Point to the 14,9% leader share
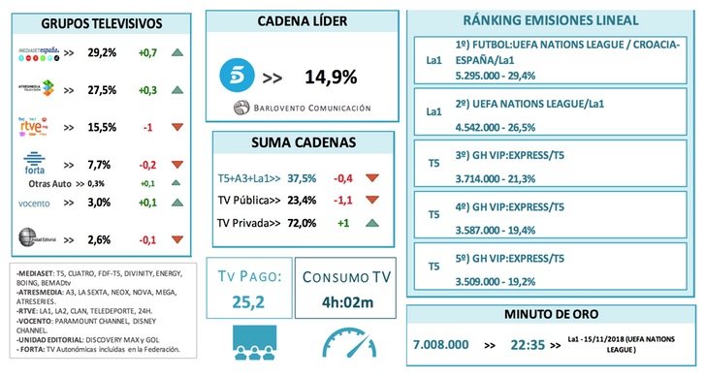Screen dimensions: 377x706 click(329, 78)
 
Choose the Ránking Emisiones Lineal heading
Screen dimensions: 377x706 click(550, 20)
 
